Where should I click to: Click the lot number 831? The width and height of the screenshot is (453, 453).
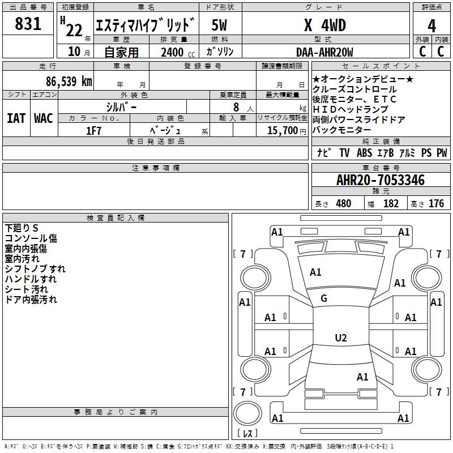[x=28, y=24]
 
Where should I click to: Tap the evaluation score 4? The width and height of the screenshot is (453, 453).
[x=431, y=26]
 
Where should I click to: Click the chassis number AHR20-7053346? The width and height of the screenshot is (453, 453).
[x=380, y=180]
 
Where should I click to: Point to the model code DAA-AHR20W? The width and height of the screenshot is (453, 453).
[x=324, y=53]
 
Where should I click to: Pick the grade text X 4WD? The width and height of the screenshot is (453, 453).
[x=324, y=25]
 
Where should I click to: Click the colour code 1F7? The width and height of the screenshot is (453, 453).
[x=93, y=130]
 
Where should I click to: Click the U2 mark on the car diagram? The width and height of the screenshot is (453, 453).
[x=340, y=338]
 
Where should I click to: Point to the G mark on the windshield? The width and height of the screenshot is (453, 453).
[x=324, y=298]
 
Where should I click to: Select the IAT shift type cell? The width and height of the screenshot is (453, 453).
[x=16, y=118]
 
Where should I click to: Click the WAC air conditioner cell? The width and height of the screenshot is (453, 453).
[x=44, y=118]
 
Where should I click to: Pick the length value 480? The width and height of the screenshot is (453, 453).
[x=343, y=204]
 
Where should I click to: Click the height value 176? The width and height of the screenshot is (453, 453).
[x=436, y=204]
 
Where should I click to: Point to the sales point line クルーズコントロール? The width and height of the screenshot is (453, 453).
[x=354, y=89]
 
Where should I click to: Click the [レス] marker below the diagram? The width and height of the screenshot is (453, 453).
[x=247, y=434]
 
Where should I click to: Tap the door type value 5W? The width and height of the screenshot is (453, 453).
[x=219, y=25]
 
